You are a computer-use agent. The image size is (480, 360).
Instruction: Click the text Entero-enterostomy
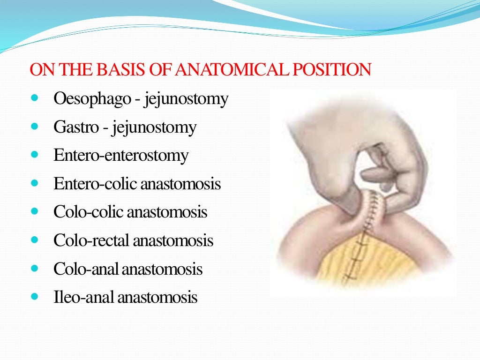click(x=121, y=156)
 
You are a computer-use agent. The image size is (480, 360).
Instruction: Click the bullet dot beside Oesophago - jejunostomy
click(x=35, y=99)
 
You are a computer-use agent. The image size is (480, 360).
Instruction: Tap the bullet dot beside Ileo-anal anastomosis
click(x=35, y=297)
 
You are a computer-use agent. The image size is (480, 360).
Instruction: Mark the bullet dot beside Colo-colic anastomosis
click(x=35, y=212)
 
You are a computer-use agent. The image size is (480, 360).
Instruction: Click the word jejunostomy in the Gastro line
click(x=154, y=128)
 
